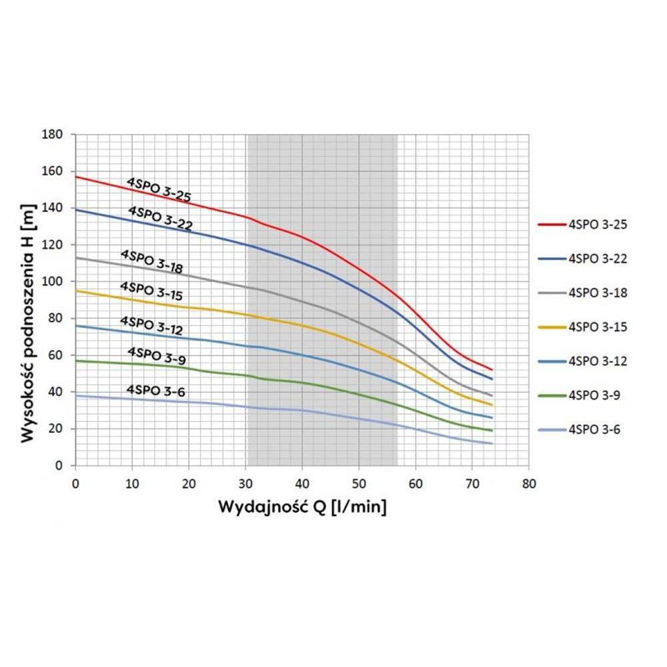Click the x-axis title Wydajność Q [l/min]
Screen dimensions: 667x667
[303, 508]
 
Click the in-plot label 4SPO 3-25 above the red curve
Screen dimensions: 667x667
[159, 189]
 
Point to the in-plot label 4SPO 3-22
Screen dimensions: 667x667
[161, 218]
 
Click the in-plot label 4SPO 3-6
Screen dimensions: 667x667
[155, 392]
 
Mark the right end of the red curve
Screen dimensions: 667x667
[492, 370]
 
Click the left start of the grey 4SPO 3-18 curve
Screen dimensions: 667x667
[76, 257]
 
